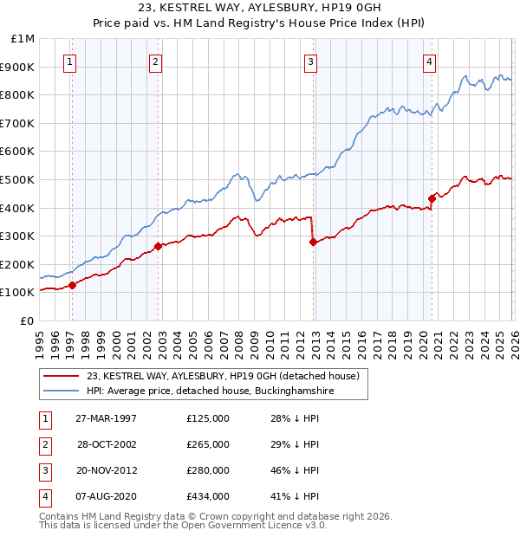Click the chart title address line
point(259,10)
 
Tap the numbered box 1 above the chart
point(68,61)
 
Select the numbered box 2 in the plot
point(154,61)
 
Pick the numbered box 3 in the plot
point(309,61)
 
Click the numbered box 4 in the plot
point(429,61)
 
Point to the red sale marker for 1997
point(73,286)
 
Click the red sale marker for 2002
point(158,246)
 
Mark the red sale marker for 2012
point(313,243)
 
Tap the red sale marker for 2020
point(432,198)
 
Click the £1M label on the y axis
point(23,39)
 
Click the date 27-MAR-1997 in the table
point(106,418)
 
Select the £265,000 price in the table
point(208,444)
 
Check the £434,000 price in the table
point(208,496)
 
